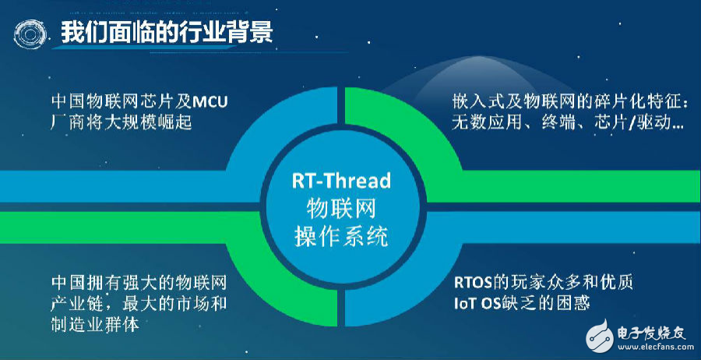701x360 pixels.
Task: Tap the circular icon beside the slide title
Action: point(30,33)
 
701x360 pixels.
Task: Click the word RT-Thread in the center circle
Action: point(342,181)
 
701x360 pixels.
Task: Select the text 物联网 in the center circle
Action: point(342,209)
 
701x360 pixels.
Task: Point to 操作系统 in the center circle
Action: point(342,236)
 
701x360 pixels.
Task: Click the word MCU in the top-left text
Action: point(210,102)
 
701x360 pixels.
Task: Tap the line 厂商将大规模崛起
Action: point(122,122)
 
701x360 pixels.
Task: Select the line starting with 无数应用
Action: point(567,122)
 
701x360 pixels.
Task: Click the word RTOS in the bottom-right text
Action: point(473,283)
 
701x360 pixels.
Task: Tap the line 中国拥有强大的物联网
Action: point(139,283)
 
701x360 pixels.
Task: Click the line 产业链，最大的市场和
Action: point(139,304)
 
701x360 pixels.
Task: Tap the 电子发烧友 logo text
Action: point(651,333)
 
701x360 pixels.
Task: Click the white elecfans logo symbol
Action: point(599,337)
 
